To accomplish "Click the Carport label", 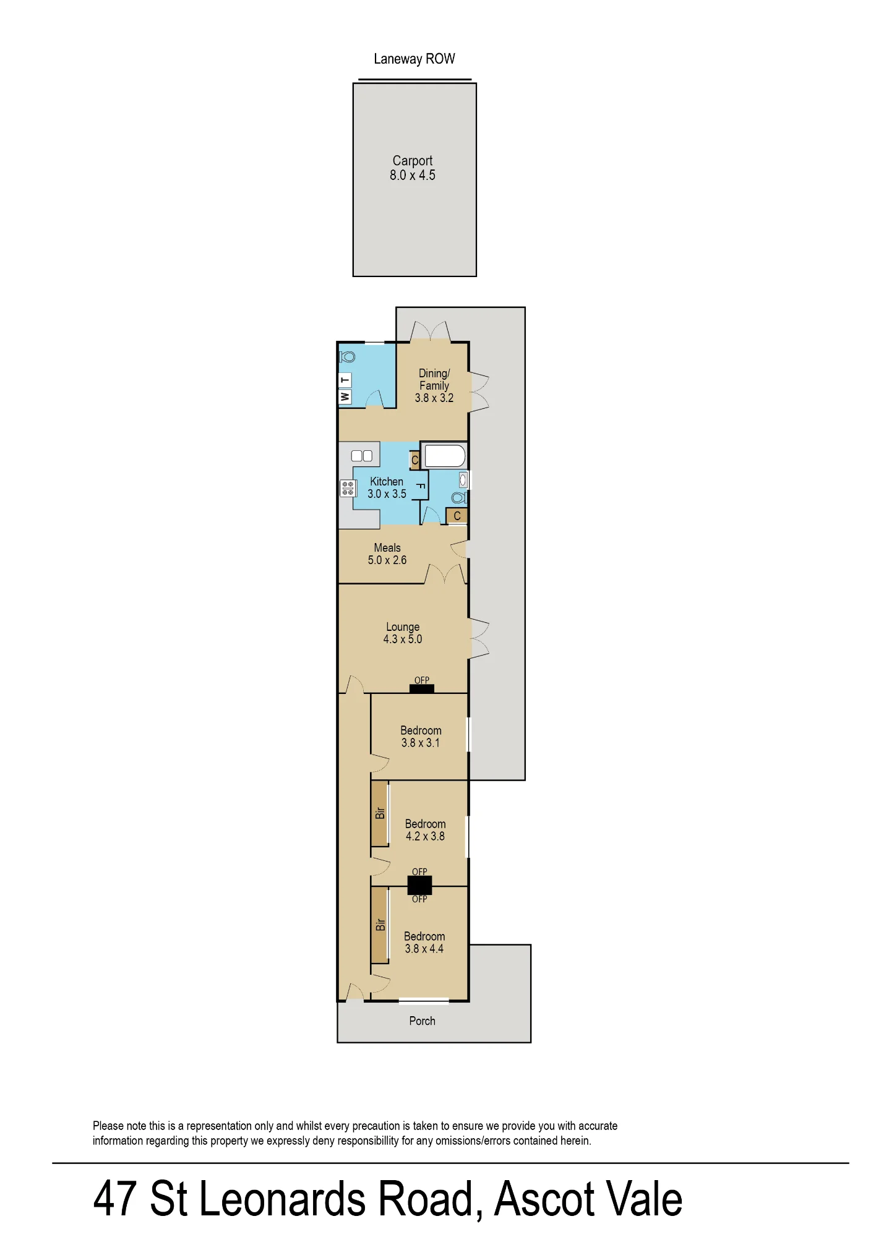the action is click(x=413, y=168).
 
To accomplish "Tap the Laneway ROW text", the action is click(x=414, y=59).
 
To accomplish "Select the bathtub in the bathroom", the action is click(x=444, y=456).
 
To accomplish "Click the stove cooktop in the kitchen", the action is click(x=348, y=488).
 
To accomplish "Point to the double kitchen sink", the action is click(x=362, y=456).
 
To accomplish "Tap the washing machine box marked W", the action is click(x=345, y=396).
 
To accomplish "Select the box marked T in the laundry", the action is click(x=345, y=380).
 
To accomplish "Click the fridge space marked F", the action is click(x=420, y=486).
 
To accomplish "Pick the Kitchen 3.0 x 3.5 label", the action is click(x=387, y=487).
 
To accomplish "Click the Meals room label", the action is click(x=387, y=554).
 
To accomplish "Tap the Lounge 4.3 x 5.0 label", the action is click(x=403, y=633).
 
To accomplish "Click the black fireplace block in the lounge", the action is click(x=422, y=688).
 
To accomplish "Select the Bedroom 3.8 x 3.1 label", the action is click(x=421, y=737).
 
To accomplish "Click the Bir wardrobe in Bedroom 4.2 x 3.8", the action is click(x=380, y=813).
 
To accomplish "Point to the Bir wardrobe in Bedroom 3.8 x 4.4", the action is click(x=380, y=925).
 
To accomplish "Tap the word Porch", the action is click(x=423, y=1021).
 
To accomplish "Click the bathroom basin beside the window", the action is click(x=463, y=479).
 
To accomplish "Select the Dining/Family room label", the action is click(x=434, y=385).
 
